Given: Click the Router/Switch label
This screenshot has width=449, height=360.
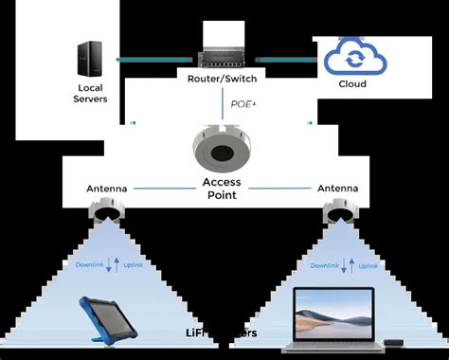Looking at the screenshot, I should tap(224, 81).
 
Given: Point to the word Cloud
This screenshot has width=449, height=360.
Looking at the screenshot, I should tap(352, 82).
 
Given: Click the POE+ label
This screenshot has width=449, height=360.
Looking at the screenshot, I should tap(242, 105).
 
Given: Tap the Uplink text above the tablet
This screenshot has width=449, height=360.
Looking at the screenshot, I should tap(133, 264).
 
